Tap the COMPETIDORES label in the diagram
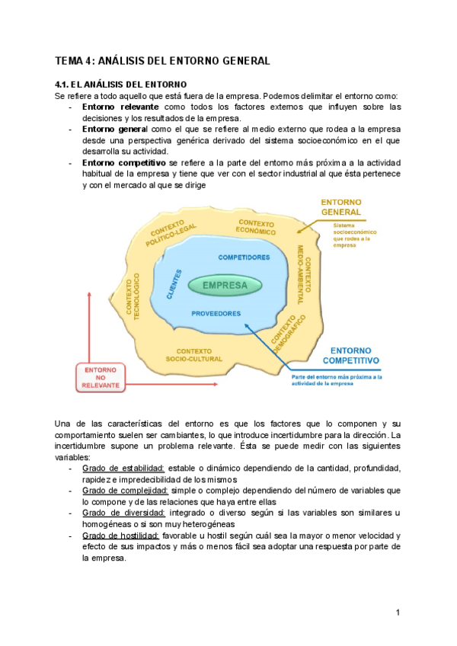tap(244, 257)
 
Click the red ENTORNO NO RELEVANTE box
tap(101, 377)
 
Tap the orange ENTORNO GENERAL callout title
tap(340, 206)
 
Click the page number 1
tap(398, 613)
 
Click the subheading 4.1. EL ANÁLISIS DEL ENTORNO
tap(121, 84)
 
